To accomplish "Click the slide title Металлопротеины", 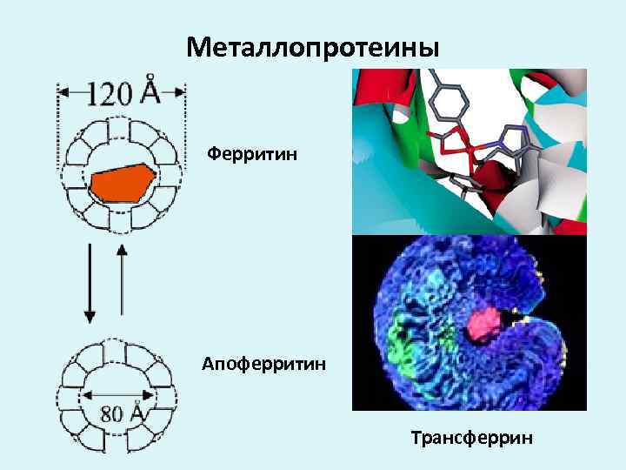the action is [x=313, y=47].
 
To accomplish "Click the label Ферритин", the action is [x=252, y=155].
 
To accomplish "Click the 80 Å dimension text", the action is [x=122, y=413].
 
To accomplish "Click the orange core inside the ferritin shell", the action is [x=123, y=184].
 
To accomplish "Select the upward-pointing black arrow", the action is [x=122, y=279].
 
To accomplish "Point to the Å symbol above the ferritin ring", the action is [x=150, y=88].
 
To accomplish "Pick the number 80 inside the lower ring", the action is [x=112, y=413].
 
